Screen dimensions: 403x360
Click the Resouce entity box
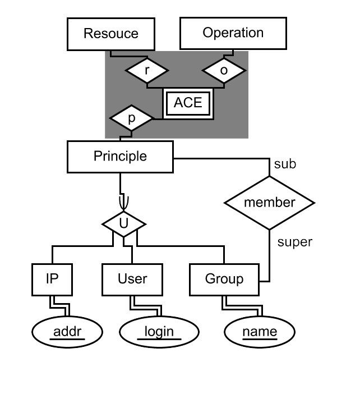click(110, 34)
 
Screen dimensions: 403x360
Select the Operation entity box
click(233, 33)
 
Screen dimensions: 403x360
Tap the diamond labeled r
click(146, 71)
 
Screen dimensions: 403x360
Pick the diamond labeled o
click(224, 71)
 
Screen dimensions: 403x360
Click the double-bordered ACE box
click(188, 103)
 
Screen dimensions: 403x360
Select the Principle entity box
click(120, 157)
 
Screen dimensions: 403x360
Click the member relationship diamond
click(269, 203)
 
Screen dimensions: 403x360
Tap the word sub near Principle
click(285, 164)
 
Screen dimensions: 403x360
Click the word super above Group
click(295, 242)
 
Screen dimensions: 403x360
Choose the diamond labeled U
click(123, 224)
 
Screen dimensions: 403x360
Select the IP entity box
click(52, 279)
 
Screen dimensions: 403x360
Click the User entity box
click(132, 279)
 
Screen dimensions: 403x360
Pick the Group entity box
click(224, 279)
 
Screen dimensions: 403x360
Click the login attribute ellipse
click(159, 332)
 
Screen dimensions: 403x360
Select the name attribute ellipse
click(260, 332)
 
